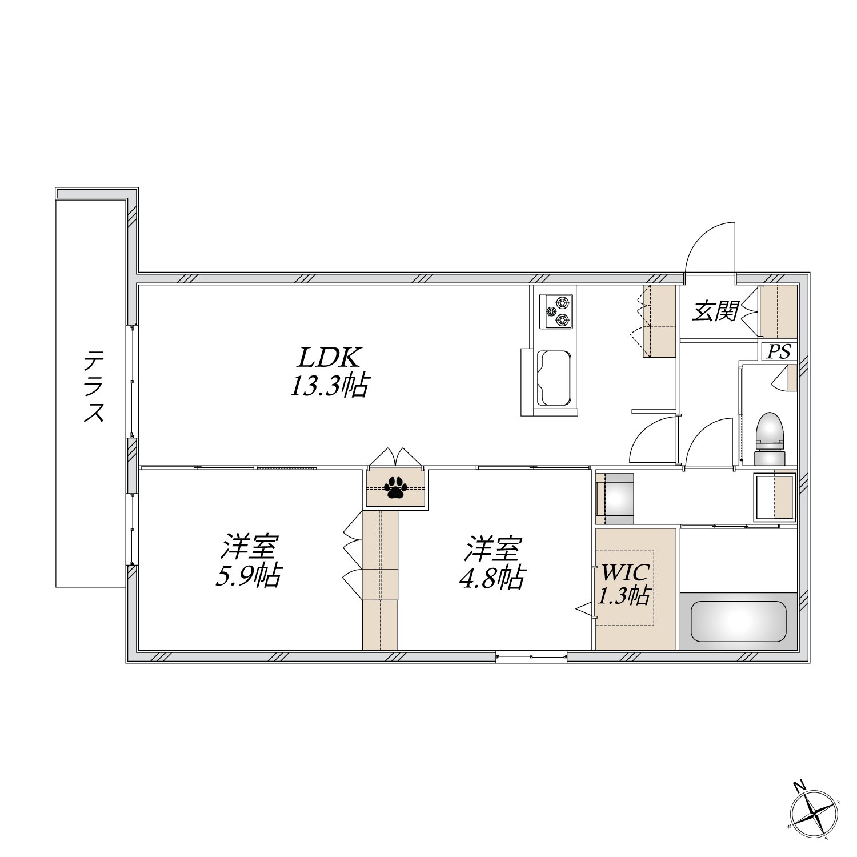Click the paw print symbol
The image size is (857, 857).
395,487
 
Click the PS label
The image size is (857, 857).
778,351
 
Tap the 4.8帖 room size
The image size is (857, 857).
491,578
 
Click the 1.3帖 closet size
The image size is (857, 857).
623,596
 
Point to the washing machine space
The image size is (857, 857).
615,498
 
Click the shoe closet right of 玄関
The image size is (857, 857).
778,311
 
